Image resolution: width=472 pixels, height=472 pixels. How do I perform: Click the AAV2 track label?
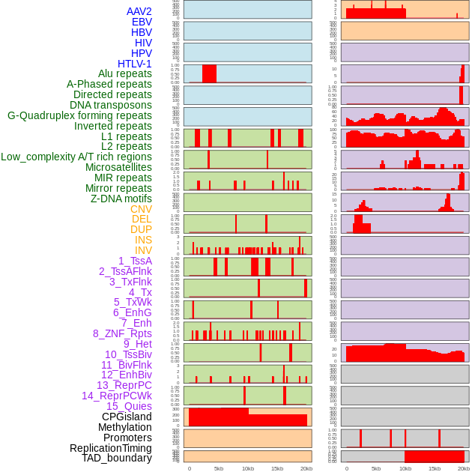(x=139, y=11)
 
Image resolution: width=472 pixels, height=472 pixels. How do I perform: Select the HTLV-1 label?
(x=135, y=64)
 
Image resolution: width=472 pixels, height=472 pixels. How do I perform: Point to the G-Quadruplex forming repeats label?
(x=79, y=115)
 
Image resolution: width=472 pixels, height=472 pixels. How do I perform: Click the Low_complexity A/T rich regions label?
(x=76, y=157)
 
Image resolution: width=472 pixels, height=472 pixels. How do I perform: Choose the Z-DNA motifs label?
(x=121, y=199)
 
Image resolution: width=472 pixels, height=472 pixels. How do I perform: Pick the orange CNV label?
(x=141, y=209)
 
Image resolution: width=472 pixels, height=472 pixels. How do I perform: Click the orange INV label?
(x=143, y=250)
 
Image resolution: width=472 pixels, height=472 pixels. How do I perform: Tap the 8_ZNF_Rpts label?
(x=122, y=333)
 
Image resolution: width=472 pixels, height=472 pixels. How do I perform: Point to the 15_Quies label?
(x=129, y=406)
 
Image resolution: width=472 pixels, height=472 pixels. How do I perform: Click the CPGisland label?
(x=127, y=417)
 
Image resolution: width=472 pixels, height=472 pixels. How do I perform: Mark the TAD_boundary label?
(x=117, y=458)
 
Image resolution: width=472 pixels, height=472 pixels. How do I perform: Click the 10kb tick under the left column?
(x=248, y=468)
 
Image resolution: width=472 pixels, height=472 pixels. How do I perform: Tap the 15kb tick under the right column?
(x=435, y=468)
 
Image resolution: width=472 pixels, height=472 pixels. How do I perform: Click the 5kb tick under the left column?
(x=219, y=468)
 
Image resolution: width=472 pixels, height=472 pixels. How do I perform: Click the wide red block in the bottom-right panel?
(x=435, y=456)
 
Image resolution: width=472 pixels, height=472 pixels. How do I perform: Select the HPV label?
(x=142, y=53)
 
